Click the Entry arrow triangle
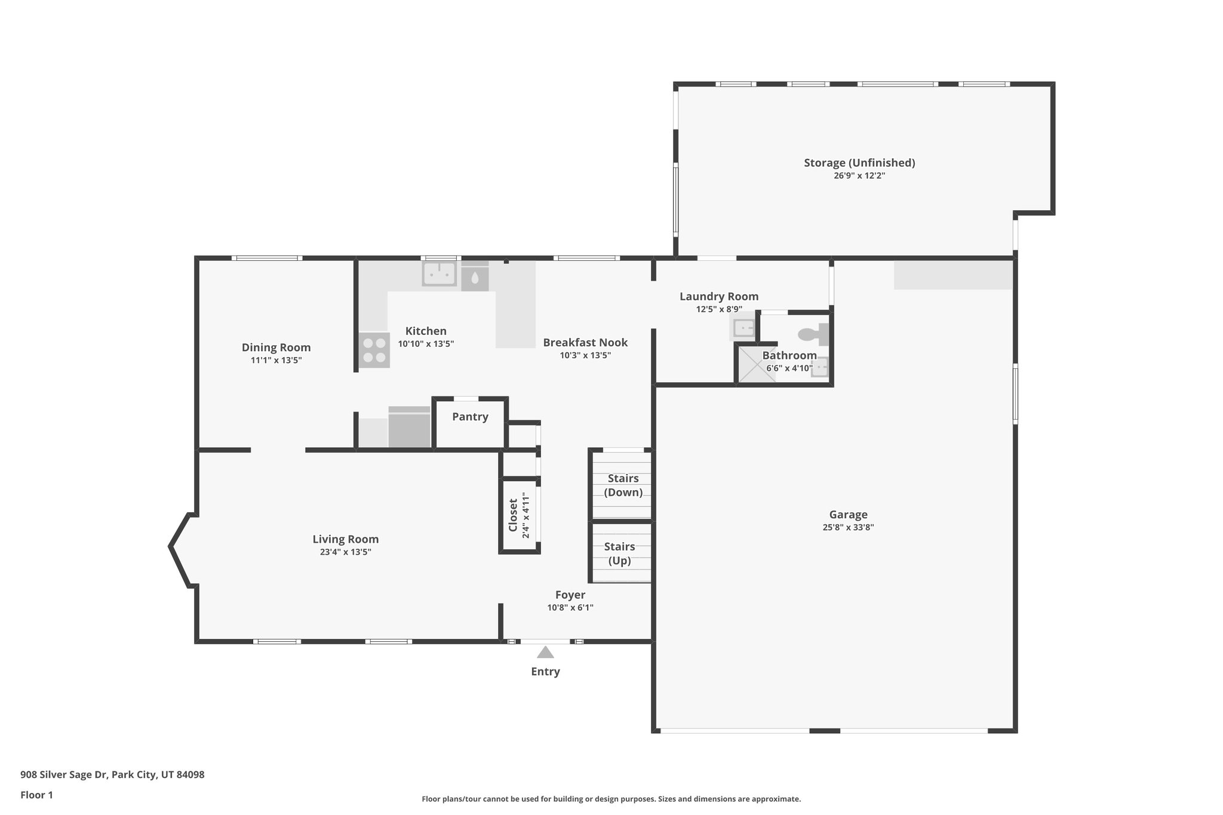545,652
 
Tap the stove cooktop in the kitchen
374,350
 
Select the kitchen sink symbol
440,274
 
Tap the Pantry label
470,417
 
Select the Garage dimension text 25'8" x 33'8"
848,527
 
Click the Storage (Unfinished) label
859,162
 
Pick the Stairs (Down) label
623,485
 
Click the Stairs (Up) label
619,553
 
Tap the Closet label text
513,515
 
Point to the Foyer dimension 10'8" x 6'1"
570,608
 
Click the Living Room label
346,539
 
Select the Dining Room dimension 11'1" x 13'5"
276,360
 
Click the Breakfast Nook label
585,342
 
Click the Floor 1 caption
36,795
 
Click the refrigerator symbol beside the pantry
410,428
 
